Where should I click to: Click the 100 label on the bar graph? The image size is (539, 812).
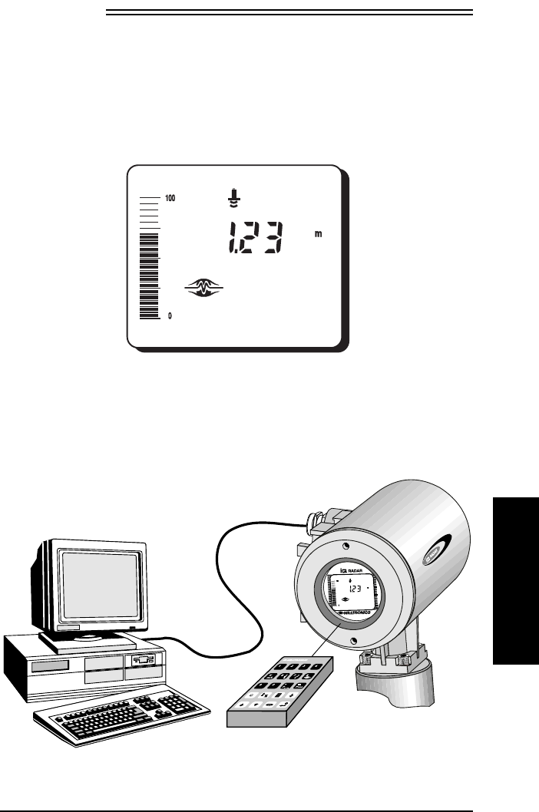[x=170, y=198]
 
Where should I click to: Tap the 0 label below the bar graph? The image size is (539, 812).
[x=170, y=315]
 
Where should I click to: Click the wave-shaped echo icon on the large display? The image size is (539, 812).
[x=204, y=288]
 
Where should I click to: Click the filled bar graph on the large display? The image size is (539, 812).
[x=149, y=276]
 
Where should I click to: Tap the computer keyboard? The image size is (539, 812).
[x=119, y=717]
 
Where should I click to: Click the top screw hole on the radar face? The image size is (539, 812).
[x=347, y=546]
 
